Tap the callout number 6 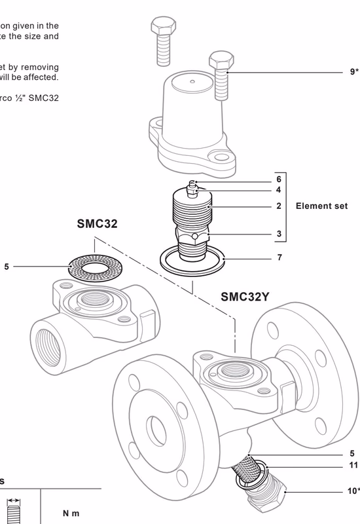pos(279,179)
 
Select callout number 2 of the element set pos(279,206)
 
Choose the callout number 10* pos(353,491)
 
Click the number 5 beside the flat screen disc pos(7,267)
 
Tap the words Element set pos(321,206)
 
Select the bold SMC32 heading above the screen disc pos(97,224)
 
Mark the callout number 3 pos(279,233)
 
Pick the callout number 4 pos(279,191)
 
